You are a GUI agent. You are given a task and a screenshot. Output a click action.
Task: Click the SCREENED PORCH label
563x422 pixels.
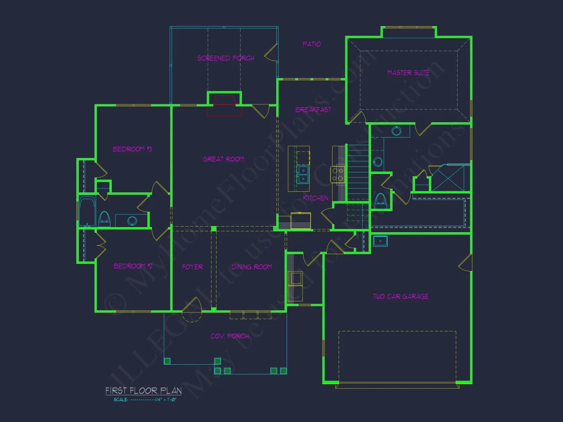point(226,58)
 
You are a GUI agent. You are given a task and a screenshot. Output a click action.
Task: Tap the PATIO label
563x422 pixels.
point(311,45)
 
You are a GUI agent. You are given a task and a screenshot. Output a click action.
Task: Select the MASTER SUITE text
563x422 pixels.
point(408,73)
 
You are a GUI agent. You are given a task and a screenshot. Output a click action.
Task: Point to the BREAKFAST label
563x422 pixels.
point(313,109)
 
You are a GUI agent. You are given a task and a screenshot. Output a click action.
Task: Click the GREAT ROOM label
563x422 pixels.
point(223,159)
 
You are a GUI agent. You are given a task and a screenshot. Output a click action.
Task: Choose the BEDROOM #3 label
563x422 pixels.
point(133,149)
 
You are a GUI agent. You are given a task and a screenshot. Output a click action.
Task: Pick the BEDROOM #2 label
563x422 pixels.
point(133,266)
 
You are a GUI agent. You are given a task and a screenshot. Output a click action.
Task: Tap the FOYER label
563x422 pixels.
point(192,266)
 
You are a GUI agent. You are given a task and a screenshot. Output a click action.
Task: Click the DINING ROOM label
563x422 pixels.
point(251,266)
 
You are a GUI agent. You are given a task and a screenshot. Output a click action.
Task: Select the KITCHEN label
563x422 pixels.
point(315,198)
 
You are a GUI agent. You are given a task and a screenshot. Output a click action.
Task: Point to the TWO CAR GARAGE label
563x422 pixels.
point(401,296)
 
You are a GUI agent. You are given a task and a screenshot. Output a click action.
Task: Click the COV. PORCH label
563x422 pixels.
point(230,336)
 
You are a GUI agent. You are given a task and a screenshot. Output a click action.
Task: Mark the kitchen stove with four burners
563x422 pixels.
point(337,174)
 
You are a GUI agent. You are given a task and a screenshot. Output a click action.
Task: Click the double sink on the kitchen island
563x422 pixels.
point(302,174)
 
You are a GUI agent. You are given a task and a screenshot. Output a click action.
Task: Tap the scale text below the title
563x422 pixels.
point(145,399)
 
